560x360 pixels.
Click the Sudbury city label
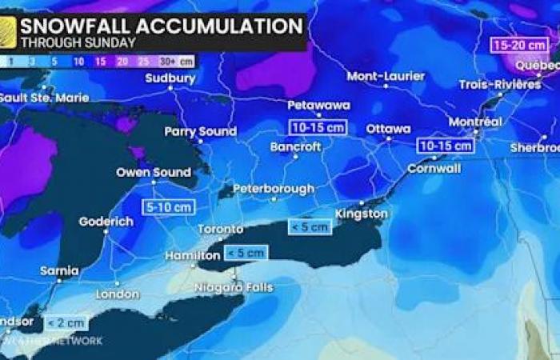pyautogui.click(x=170, y=78)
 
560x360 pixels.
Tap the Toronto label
pyautogui.click(x=220, y=230)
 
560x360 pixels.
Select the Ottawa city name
pyautogui.click(x=388, y=129)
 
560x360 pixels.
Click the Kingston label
pyautogui.click(x=364, y=214)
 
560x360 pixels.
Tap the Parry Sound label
pyautogui.click(x=201, y=131)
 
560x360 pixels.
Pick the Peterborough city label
pyautogui.click(x=274, y=190)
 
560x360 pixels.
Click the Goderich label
pyautogui.click(x=106, y=222)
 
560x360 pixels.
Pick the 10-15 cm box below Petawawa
pyautogui.click(x=318, y=126)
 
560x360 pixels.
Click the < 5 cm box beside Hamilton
pyautogui.click(x=246, y=253)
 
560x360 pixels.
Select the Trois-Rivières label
pyautogui.click(x=500, y=85)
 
